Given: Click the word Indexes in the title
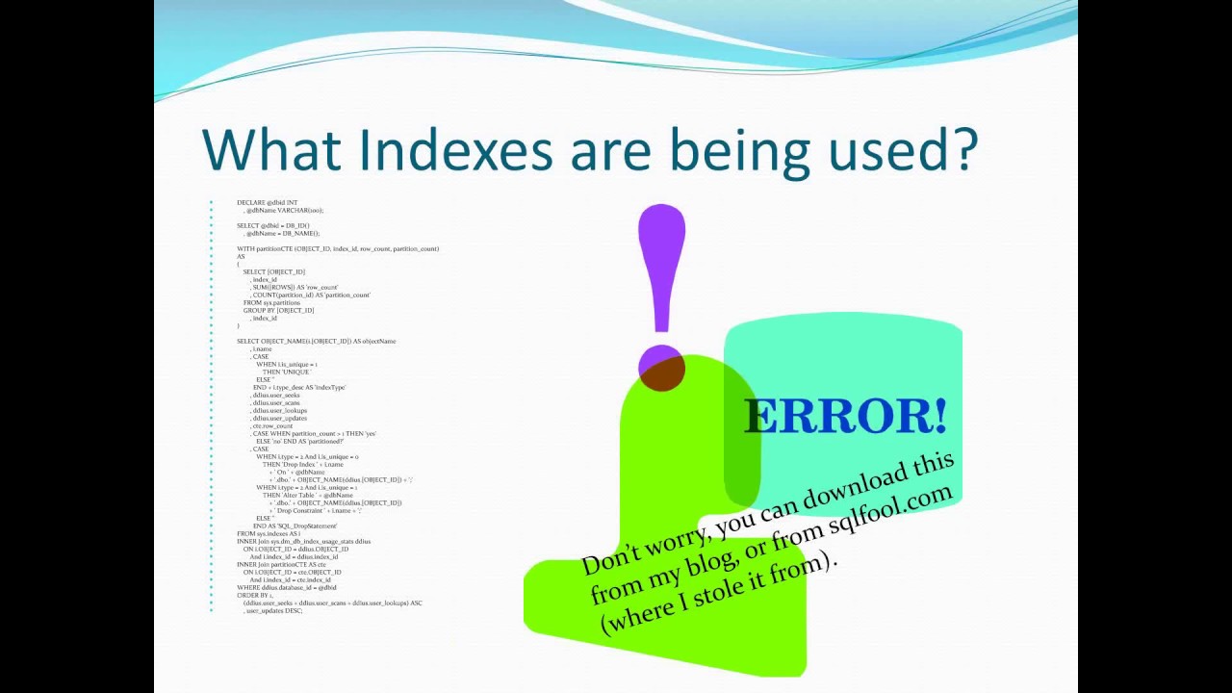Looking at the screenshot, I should coord(455,150).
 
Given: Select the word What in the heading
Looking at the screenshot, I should coord(271,150).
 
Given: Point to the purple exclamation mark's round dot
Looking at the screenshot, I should coord(661,367).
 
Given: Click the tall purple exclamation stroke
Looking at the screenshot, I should coord(661,265).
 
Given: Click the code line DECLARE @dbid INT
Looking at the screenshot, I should coord(268,203).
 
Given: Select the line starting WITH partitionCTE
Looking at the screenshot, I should coord(338,249).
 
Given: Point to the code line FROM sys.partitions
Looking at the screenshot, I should coord(271,303).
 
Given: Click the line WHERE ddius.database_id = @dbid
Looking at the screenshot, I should coord(287,588).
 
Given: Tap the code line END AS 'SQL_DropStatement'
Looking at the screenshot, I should coord(295,526).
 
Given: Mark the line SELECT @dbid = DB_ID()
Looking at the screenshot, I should coord(273,226).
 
